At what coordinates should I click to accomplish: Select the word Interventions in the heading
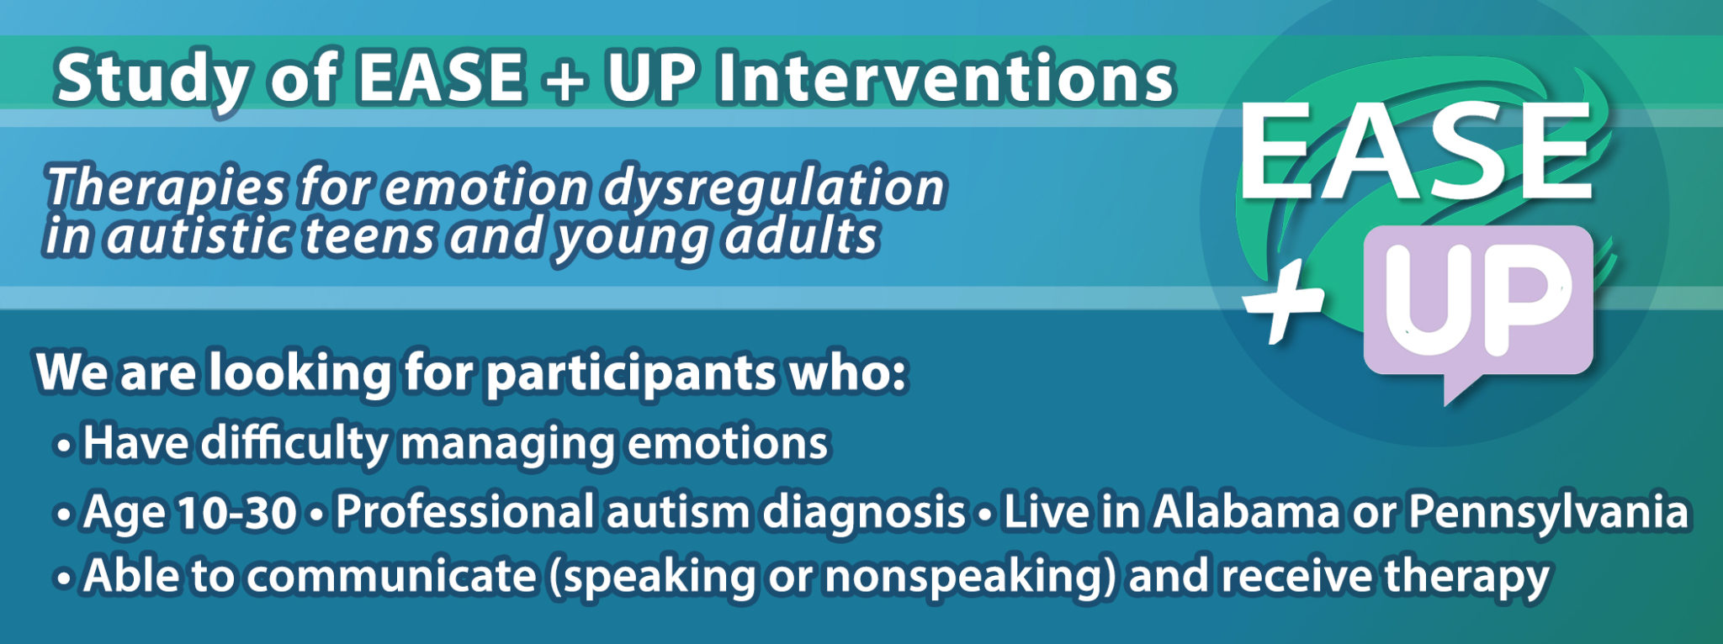point(946,78)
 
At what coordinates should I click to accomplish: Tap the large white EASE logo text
point(1415,151)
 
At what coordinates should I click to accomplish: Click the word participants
point(631,373)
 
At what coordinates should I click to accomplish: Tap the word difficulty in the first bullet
point(294,444)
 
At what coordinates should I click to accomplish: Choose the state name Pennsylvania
point(1549,513)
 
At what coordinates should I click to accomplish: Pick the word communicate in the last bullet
point(391,577)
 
